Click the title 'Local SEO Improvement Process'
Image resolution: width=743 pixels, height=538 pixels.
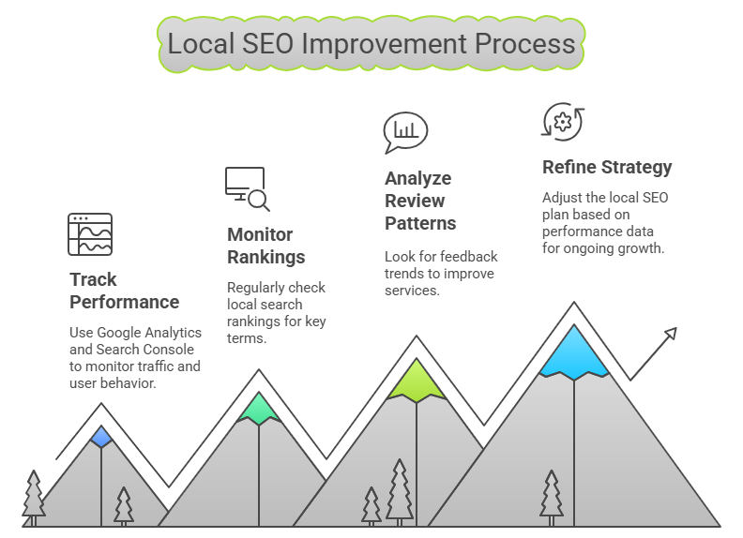(371, 44)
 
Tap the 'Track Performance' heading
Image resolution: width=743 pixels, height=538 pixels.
(124, 291)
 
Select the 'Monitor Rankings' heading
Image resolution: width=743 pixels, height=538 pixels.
(265, 246)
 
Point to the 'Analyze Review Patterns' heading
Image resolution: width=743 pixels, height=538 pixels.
(420, 201)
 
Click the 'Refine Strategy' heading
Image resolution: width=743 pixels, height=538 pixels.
(607, 167)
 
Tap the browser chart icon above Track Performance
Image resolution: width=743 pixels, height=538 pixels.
(90, 234)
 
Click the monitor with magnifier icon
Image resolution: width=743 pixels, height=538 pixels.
(247, 188)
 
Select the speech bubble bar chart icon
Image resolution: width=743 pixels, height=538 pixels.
(405, 132)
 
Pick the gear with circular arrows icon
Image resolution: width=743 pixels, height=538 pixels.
(563, 122)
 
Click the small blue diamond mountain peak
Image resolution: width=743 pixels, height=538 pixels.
(101, 437)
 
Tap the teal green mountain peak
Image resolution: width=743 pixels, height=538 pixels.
(259, 409)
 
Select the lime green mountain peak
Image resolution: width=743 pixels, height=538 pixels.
(417, 381)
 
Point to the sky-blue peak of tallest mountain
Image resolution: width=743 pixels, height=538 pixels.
(574, 352)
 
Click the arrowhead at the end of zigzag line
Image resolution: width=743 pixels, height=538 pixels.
(671, 333)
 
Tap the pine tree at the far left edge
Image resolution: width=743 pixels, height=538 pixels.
(34, 498)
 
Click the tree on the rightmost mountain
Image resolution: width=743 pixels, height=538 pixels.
(551, 498)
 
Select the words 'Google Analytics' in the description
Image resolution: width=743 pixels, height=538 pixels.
(149, 333)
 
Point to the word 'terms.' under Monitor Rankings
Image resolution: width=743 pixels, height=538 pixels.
(247, 338)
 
